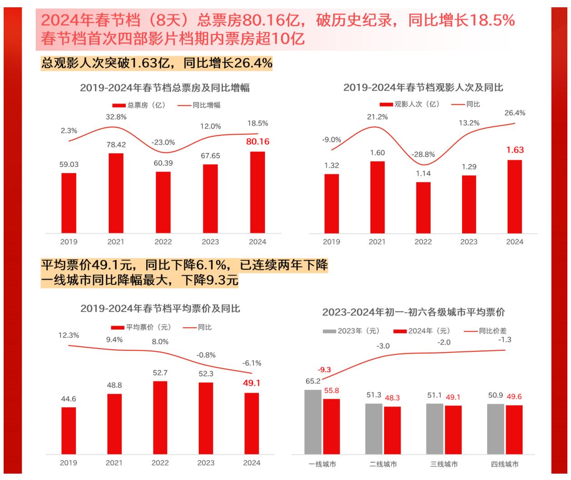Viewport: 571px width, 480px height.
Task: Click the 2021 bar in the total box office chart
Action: click(116, 193)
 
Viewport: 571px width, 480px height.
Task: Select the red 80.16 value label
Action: click(257, 142)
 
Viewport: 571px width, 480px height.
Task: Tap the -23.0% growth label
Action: click(163, 142)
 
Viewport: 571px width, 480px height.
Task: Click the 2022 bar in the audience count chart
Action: click(423, 208)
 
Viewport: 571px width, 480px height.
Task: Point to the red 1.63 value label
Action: click(515, 150)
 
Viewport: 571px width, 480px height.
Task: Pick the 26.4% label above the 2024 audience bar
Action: click(515, 113)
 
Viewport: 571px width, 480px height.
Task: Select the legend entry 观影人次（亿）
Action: click(409, 104)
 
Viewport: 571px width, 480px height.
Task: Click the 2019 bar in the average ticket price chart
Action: click(69, 430)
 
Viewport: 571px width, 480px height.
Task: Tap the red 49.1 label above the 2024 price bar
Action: click(251, 383)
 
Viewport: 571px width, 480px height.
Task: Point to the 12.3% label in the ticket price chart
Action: click(69, 335)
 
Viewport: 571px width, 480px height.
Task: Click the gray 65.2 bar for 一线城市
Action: click(313, 421)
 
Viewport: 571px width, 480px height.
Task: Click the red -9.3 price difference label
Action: click(324, 370)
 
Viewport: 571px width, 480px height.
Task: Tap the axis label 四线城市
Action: click(504, 464)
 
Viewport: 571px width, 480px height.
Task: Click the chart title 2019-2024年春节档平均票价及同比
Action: click(160, 309)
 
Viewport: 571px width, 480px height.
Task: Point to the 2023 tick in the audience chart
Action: click(468, 242)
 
